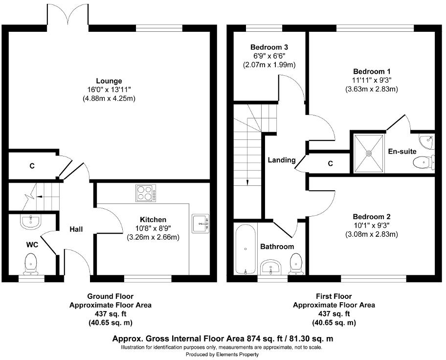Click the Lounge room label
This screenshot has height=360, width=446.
(x=109, y=81)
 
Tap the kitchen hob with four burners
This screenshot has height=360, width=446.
(x=145, y=193)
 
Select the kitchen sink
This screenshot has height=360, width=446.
(x=201, y=223)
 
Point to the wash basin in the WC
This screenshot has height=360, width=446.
(x=30, y=222)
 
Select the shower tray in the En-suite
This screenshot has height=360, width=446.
(x=369, y=153)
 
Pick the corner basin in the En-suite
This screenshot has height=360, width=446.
(x=428, y=141)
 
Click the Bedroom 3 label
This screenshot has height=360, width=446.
(x=269, y=47)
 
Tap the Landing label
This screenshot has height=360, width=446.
(x=281, y=160)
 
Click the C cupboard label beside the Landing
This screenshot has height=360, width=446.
(x=330, y=163)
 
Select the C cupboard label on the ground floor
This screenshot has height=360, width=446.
(x=32, y=166)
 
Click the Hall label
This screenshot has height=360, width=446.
(x=76, y=229)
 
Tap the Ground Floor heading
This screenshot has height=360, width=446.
(x=110, y=296)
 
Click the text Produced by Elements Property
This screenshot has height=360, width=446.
(x=222, y=354)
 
